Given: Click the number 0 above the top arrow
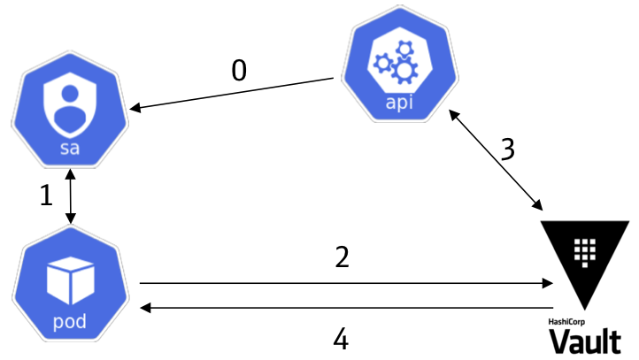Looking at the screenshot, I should point(239,71).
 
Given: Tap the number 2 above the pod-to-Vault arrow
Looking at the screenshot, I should point(342,257).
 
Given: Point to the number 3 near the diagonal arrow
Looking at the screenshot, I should point(506,149).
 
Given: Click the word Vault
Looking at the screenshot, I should point(584,341).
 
